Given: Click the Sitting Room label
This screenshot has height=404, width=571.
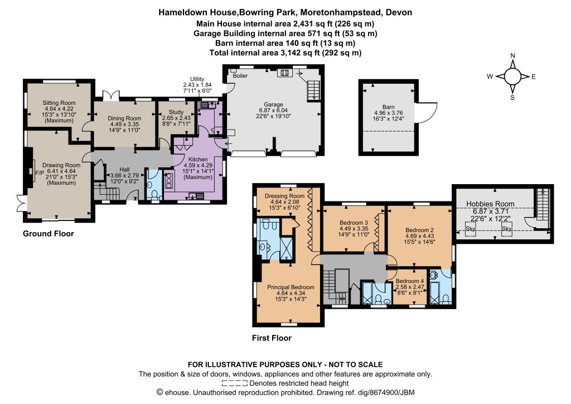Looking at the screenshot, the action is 59,103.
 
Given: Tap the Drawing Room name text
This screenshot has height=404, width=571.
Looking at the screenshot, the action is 61,165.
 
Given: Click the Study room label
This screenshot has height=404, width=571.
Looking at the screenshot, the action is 176,112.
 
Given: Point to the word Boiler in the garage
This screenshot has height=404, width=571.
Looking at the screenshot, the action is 240,76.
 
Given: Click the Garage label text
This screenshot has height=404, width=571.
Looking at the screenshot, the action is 273,104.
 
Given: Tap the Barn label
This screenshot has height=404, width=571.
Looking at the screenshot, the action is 389,107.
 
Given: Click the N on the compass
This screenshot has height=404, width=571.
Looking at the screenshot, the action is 513,56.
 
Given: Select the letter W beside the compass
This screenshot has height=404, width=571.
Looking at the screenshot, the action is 490,76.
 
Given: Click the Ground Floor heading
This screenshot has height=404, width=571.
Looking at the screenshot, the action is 49,233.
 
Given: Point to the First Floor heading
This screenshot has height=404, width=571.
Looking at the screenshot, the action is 272,338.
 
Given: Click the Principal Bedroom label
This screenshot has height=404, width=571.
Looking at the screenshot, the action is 291,287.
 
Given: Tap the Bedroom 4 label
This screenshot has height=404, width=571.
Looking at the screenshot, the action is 410,281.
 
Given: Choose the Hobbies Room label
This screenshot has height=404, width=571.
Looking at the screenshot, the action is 491,204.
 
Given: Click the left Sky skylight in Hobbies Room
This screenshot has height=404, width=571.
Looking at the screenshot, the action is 471,229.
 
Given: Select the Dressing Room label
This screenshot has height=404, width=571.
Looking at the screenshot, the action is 285,196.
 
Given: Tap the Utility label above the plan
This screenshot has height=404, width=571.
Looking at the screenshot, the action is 197,79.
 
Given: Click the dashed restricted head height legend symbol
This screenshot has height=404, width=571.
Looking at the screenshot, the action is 235,383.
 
